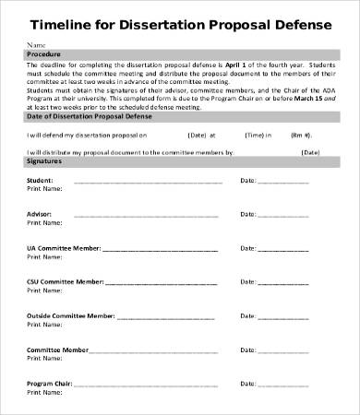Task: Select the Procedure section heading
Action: (44, 54)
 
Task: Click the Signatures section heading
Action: (46, 160)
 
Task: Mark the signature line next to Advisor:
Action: (138, 216)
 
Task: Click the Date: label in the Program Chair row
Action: (247, 384)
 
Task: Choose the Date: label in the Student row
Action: (247, 181)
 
